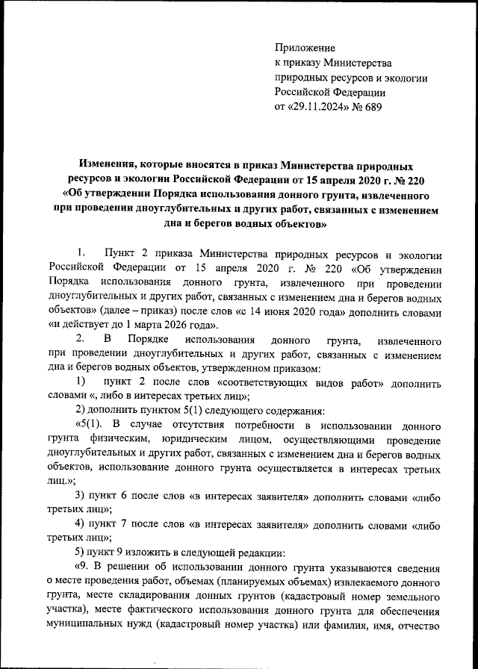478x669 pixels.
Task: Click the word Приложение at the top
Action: [305, 47]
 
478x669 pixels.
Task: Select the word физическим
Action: [119, 440]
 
